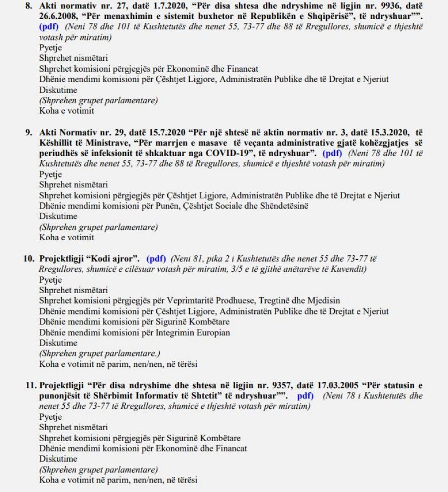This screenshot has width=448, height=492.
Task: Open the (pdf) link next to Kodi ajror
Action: [x=156, y=259]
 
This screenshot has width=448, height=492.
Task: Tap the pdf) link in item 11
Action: [x=305, y=396]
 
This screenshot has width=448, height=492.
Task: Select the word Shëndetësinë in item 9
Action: [x=280, y=206]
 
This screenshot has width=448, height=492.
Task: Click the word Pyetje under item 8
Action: [x=50, y=48]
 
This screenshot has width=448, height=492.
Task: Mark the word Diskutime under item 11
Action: [x=58, y=459]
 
